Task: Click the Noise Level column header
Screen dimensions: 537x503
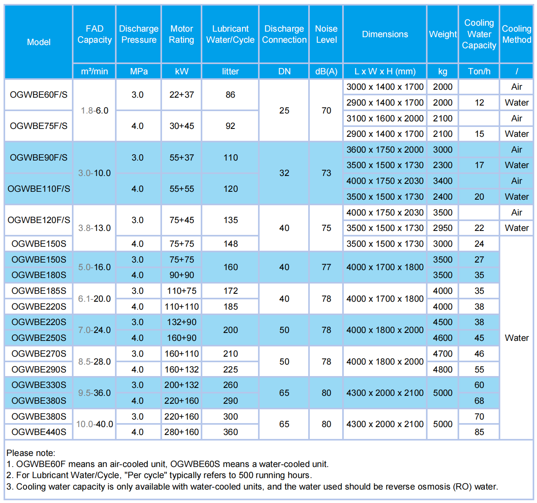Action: coord(326,34)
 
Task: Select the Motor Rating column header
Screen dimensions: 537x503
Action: coord(181,34)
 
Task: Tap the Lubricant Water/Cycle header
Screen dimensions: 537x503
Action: coord(230,34)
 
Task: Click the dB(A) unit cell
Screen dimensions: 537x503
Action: coord(326,71)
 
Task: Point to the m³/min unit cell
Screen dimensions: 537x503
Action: coord(94,71)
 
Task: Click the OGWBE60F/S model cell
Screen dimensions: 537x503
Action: coord(39,95)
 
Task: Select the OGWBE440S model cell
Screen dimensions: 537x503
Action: coord(39,432)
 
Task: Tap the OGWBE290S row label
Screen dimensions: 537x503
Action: coord(39,369)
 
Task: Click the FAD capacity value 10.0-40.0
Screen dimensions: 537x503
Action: coord(94,424)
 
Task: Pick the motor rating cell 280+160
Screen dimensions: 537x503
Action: coord(181,432)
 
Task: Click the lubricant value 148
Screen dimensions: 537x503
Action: coord(230,244)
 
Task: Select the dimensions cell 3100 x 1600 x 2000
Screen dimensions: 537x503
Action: coord(385,118)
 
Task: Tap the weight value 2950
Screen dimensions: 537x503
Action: coord(443,228)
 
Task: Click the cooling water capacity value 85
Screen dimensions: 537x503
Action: coord(479,432)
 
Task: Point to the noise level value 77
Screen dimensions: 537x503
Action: coord(326,267)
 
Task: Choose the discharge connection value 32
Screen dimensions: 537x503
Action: coord(284,173)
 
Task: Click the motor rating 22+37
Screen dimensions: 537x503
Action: coord(181,95)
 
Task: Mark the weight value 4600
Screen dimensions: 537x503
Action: coord(443,338)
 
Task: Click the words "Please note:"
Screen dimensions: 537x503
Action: coord(31,453)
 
